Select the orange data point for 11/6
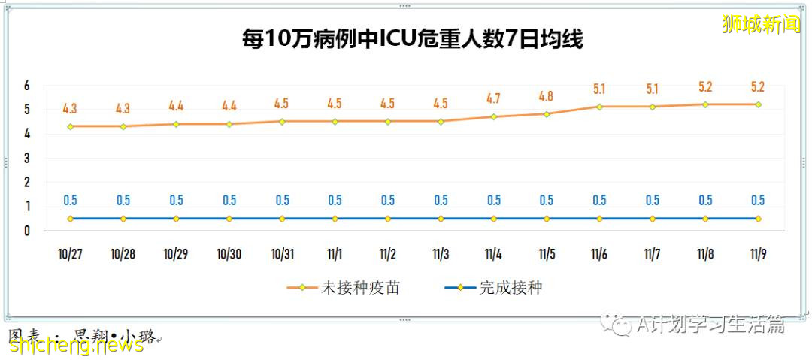pos(599,107)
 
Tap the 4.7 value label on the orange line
pos(493,98)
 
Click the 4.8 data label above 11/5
pos(547,96)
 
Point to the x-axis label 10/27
pos(70,254)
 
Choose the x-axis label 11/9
pos(758,254)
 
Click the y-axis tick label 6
pos(27,86)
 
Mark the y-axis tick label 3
pos(27,159)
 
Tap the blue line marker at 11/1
pos(335,219)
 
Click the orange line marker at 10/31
pos(282,121)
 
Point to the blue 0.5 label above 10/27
pos(70,201)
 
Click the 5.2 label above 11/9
pos(758,86)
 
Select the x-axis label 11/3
pos(441,254)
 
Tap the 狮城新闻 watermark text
pos(761,25)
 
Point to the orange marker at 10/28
pos(123,126)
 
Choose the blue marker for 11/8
pos(705,219)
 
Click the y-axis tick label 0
pos(27,231)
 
